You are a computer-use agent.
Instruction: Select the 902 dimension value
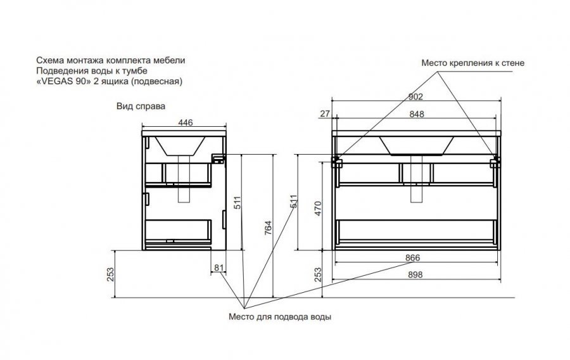(x=415, y=97)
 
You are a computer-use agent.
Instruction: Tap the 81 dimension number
(x=219, y=268)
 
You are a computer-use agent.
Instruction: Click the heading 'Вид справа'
(x=141, y=107)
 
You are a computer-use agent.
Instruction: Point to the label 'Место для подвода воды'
(x=281, y=316)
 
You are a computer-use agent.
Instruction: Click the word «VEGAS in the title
(x=54, y=81)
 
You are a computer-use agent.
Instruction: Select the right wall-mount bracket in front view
(x=495, y=162)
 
